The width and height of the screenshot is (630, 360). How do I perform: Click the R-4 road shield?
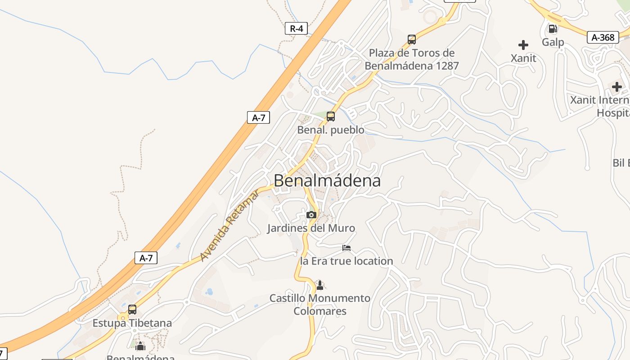[297, 29]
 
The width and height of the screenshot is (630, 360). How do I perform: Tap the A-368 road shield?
[603, 37]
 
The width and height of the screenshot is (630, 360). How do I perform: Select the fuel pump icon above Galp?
[552, 29]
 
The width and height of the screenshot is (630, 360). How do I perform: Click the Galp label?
[553, 42]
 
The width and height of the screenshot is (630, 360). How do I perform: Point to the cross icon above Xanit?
[523, 45]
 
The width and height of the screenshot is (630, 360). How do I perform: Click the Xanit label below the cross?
[523, 58]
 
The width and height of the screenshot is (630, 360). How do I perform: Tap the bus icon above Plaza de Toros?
[411, 40]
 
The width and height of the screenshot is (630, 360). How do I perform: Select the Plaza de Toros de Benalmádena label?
[411, 59]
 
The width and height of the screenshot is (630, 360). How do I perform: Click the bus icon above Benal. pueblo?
[331, 117]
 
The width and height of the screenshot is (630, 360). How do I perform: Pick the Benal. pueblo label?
[331, 130]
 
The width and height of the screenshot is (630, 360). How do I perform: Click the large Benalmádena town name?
[327, 180]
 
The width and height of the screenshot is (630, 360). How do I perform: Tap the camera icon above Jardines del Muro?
[311, 215]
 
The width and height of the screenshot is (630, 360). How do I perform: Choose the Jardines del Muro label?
[311, 228]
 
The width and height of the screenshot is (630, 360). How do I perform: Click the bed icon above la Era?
[346, 247]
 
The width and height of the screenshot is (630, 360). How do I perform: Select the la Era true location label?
[346, 261]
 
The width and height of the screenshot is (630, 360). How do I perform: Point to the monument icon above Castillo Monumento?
[319, 285]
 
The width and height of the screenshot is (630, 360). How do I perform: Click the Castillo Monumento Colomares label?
[320, 305]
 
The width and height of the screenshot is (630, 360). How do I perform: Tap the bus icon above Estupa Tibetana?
[132, 310]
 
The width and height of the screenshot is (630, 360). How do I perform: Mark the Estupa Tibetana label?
[132, 323]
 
